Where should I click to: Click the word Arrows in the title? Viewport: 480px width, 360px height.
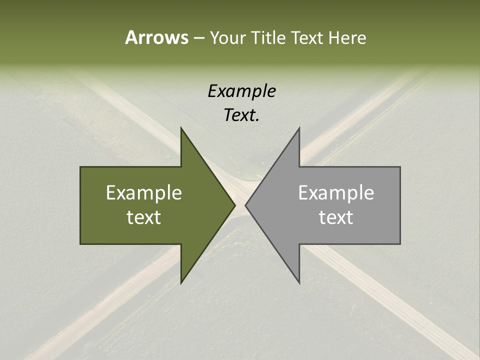[x=156, y=37]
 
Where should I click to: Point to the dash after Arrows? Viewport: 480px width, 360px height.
[x=198, y=38]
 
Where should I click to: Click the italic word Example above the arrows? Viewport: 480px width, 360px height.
[x=242, y=91]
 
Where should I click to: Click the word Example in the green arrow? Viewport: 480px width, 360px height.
[x=144, y=193]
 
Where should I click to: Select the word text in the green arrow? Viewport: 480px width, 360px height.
[x=144, y=217]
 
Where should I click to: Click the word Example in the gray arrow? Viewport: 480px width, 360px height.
[x=336, y=193]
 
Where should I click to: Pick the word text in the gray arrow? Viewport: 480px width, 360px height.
[x=336, y=217]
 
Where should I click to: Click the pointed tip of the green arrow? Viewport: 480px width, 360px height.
[x=234, y=205]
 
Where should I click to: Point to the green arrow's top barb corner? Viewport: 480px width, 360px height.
[x=181, y=128]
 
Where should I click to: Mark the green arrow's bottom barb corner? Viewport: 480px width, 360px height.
[x=181, y=282]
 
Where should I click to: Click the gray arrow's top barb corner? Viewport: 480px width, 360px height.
[x=299, y=128]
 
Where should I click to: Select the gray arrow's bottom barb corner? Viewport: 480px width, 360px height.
[x=299, y=282]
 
